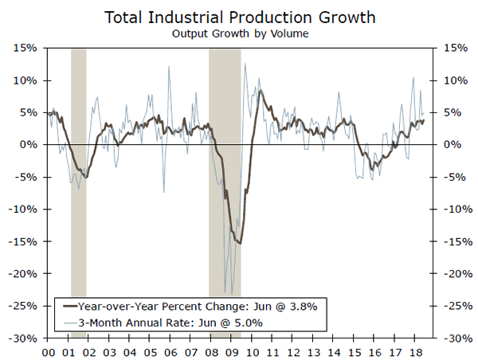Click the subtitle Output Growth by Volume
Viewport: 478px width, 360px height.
[x=238, y=33]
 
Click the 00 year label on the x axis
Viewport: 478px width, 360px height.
[x=49, y=351]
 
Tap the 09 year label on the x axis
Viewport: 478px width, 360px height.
[x=231, y=351]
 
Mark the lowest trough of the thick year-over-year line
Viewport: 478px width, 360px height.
[x=239, y=244]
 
